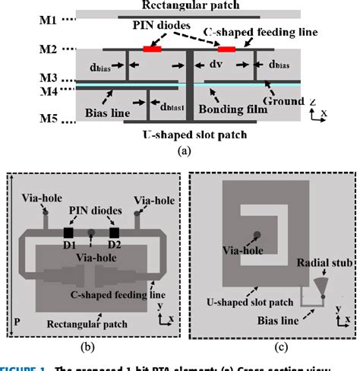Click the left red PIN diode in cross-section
(153, 49)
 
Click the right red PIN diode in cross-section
(226, 49)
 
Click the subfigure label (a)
(183, 151)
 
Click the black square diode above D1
(68, 232)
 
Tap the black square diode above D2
(115, 232)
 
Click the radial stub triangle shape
(321, 284)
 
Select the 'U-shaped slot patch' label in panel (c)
(245, 301)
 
